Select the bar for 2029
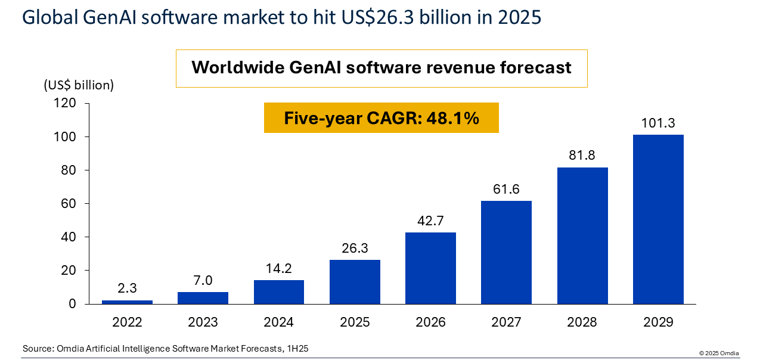click(658, 219)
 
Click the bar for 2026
click(430, 268)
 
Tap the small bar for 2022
click(127, 302)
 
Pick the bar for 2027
click(506, 252)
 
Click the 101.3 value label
click(658, 123)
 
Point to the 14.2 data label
click(279, 269)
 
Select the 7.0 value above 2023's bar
click(203, 281)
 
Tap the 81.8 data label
click(582, 156)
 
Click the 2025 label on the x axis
click(355, 322)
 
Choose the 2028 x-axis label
click(582, 322)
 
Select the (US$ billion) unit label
click(79, 85)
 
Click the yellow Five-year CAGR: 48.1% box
click(381, 118)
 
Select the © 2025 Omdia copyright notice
click(719, 353)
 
